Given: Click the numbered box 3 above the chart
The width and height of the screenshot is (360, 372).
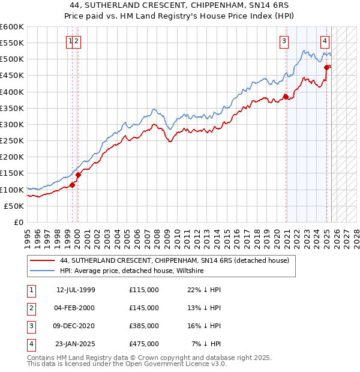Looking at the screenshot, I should tap(283, 41).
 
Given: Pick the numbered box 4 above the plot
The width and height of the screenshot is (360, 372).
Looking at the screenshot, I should tap(325, 41).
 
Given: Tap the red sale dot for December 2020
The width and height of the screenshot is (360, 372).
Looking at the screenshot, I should tap(286, 97).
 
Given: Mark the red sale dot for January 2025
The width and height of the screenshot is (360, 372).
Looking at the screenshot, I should tap(327, 67).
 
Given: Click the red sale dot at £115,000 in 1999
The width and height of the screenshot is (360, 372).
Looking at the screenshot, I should tap(72, 185).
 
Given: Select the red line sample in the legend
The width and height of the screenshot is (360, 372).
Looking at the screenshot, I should tap(42, 260).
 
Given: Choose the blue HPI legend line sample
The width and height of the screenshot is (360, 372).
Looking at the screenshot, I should tap(42, 271).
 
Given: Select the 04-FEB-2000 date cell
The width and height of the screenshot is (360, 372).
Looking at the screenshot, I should tap(76, 308).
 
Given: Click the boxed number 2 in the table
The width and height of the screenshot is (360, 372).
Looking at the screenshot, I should tap(31, 308).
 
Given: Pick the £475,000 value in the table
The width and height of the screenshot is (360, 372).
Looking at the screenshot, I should tap(144, 344).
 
